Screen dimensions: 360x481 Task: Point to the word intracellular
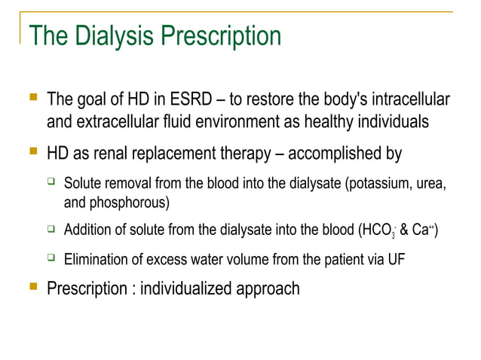(x=410, y=99)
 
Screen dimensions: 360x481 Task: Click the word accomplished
(x=337, y=154)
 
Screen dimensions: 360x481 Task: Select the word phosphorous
(x=127, y=202)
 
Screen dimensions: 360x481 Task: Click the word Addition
(x=90, y=230)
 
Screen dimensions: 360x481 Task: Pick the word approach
(x=271, y=289)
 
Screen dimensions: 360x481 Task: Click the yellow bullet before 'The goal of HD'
(x=32, y=98)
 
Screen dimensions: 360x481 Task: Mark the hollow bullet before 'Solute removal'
(x=51, y=183)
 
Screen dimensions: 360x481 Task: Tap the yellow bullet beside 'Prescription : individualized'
(x=32, y=287)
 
